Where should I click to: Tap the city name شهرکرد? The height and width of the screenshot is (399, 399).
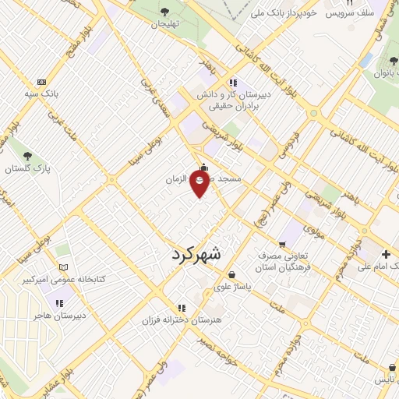pos(195,254)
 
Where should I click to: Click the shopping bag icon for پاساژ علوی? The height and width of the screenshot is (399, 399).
pos(232,274)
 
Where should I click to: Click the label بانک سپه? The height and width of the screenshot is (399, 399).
pos(42,94)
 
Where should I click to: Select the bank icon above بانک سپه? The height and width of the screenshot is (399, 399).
pos(42,82)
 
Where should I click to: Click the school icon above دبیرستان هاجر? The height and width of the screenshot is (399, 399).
pos(59,303)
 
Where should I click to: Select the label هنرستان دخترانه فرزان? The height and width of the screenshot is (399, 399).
pos(182,320)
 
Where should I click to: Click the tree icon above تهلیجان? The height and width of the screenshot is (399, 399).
pos(165,11)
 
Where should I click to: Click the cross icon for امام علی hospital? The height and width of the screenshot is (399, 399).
pos(386,254)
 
